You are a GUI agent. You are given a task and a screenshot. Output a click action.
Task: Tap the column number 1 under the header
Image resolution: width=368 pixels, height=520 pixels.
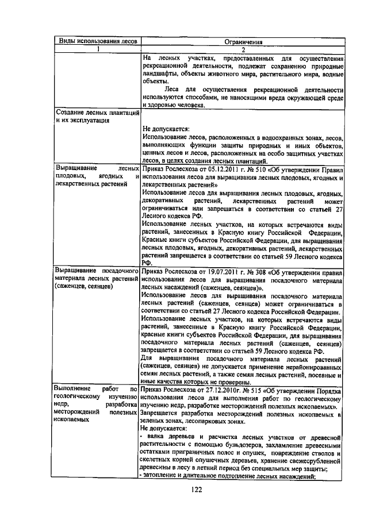pos(97,49)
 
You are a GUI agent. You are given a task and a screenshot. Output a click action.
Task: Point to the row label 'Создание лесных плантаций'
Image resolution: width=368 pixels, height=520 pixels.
pos(96,114)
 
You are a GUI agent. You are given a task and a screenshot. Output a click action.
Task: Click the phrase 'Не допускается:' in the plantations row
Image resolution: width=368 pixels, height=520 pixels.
pos(166,129)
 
